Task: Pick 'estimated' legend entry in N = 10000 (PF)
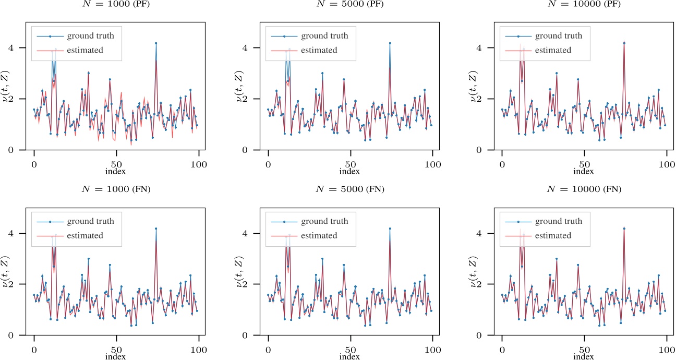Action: coord(553,50)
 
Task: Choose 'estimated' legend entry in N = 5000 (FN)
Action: coord(319,235)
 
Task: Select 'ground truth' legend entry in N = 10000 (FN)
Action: coord(559,221)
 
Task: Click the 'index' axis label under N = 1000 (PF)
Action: coord(115,171)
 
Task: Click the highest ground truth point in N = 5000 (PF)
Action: coord(390,43)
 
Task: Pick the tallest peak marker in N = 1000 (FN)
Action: coord(155,229)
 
